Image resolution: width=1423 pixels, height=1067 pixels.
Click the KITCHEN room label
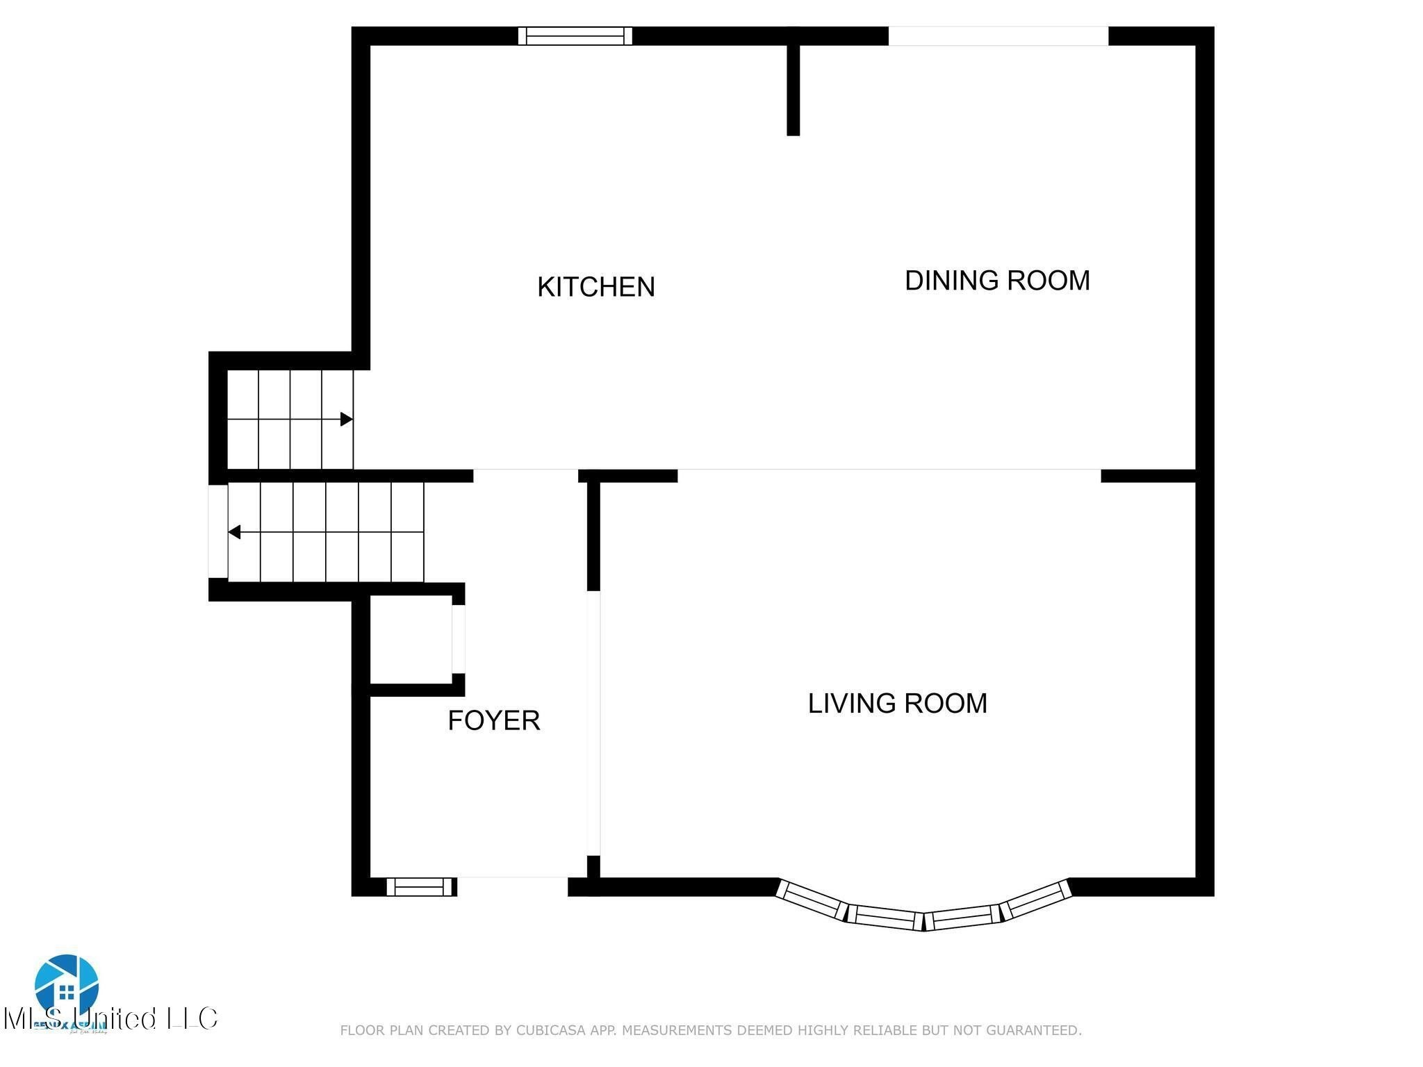click(x=595, y=287)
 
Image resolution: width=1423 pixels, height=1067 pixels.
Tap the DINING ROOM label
click(x=996, y=281)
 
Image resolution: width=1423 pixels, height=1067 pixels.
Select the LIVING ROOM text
click(x=896, y=704)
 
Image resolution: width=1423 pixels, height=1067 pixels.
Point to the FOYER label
click(x=493, y=720)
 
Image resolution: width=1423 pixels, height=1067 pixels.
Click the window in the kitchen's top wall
click(x=575, y=35)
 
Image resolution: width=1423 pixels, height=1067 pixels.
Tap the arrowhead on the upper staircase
click(x=346, y=419)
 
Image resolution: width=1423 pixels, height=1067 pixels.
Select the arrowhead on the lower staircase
click(x=235, y=532)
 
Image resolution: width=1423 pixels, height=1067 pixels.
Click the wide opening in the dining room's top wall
click(x=998, y=35)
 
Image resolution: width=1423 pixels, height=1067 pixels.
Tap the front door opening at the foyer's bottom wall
click(x=512, y=886)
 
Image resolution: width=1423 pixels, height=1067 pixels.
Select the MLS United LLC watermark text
click(x=111, y=1018)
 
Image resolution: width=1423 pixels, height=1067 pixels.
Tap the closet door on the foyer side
click(x=458, y=639)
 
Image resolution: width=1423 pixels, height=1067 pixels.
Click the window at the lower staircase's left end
click(x=217, y=531)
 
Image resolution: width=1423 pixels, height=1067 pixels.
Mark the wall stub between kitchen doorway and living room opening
click(x=628, y=476)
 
